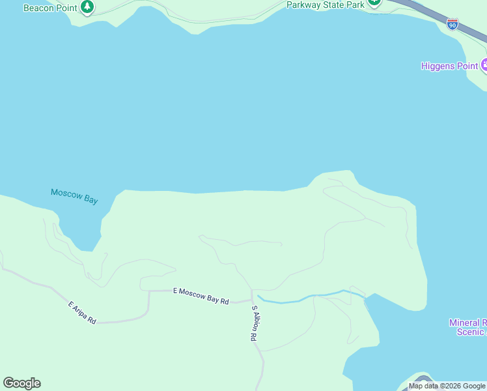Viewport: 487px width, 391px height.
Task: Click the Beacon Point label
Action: point(51,8)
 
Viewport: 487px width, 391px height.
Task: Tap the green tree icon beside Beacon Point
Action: point(87,7)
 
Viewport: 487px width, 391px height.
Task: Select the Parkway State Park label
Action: point(326,5)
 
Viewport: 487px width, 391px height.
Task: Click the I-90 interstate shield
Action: point(452,24)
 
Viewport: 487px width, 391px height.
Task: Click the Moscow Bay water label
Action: point(74,195)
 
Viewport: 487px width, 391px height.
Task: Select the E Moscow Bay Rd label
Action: point(201,297)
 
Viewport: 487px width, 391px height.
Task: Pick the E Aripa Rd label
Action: point(82,312)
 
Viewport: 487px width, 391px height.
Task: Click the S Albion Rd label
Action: point(255,324)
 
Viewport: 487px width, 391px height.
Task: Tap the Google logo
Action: point(21,383)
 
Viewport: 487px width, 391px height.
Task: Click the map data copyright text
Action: point(447,386)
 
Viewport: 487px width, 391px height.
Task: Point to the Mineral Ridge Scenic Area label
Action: point(467,327)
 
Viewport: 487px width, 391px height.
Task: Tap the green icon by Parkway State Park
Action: point(374,2)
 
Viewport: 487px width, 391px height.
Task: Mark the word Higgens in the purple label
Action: point(438,66)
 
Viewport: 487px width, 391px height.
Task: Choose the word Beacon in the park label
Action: point(38,8)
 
